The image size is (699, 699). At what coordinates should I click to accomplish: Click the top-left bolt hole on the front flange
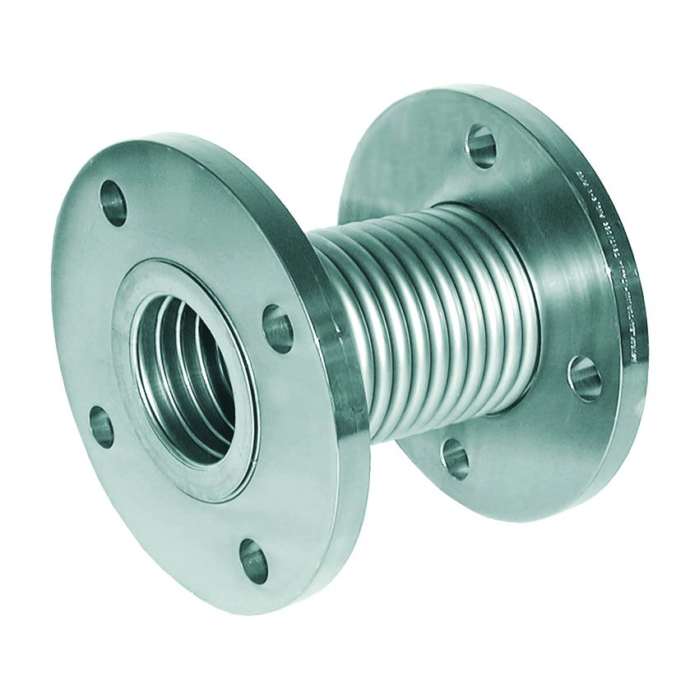(x=114, y=203)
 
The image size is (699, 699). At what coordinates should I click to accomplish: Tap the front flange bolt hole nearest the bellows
(x=278, y=327)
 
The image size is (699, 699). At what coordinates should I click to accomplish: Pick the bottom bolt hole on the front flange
(x=254, y=561)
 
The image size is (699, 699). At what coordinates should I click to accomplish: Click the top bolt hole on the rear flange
(x=481, y=146)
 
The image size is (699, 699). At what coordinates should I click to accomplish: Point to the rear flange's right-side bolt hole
(x=585, y=378)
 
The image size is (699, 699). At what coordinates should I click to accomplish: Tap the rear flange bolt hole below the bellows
(x=455, y=458)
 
